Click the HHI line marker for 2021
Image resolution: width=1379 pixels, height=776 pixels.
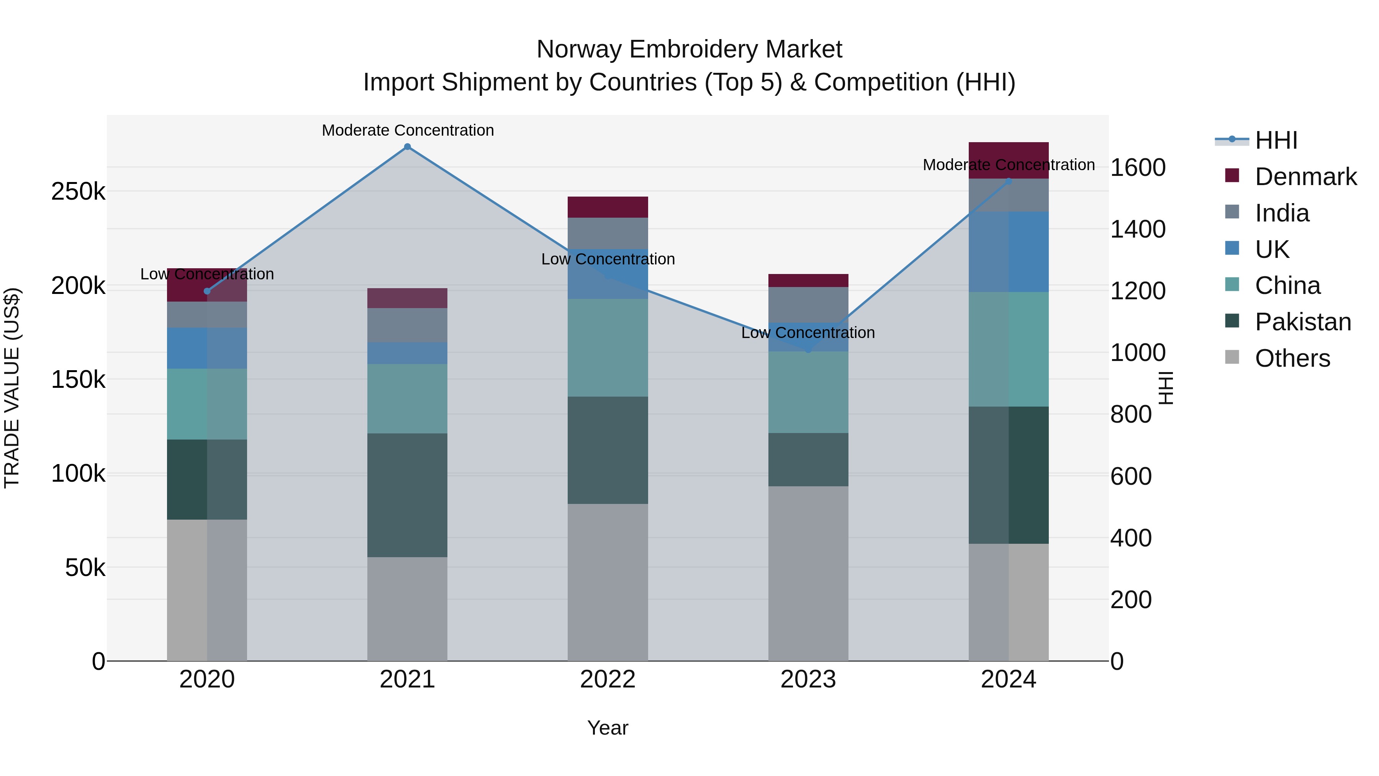click(408, 147)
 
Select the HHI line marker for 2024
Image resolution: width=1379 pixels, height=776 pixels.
click(1009, 182)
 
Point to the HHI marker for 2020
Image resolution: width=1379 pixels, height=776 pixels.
click(207, 291)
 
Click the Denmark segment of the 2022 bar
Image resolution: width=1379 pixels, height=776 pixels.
click(608, 207)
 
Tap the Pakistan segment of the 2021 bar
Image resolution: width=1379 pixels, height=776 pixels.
click(408, 495)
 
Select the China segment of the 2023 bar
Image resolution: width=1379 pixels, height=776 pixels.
click(808, 392)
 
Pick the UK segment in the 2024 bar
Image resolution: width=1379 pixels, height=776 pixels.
click(1009, 252)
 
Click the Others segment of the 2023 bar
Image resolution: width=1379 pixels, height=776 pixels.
click(808, 573)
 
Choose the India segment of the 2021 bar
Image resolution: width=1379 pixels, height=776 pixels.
click(408, 325)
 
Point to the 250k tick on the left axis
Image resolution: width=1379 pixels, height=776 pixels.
click(78, 192)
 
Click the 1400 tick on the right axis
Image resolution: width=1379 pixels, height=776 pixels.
click(1138, 229)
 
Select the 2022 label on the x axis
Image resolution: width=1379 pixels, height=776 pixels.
click(608, 679)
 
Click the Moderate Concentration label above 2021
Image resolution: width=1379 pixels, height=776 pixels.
click(408, 131)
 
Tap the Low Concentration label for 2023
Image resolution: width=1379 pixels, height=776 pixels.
click(808, 333)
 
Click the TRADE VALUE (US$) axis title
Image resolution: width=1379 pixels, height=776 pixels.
click(12, 388)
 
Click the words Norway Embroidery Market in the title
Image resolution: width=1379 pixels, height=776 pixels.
click(689, 50)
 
